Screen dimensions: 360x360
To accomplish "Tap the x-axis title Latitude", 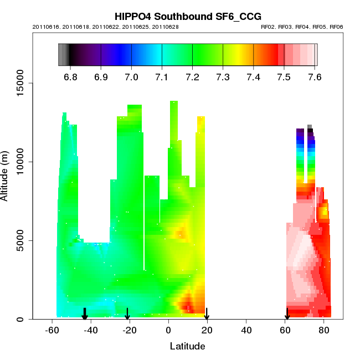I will point(187,347).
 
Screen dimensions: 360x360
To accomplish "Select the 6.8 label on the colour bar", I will point(70,77).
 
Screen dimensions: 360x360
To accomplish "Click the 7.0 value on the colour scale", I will point(131,77).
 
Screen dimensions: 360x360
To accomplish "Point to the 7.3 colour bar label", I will point(223,77).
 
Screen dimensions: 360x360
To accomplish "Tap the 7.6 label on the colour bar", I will point(315,77).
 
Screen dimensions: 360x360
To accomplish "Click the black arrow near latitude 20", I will point(207,314).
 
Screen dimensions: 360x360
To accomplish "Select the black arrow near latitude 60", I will point(287,314).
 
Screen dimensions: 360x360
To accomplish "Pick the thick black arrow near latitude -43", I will point(85,314).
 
